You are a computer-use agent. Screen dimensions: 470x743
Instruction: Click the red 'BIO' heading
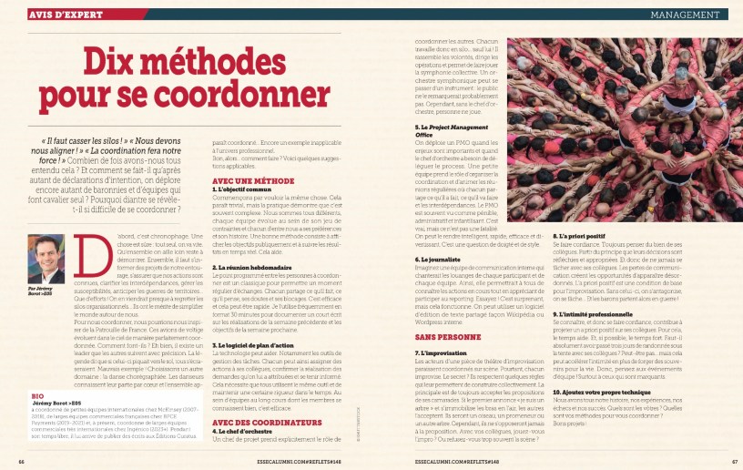37,397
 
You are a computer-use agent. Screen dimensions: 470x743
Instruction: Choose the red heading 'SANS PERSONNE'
442,338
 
